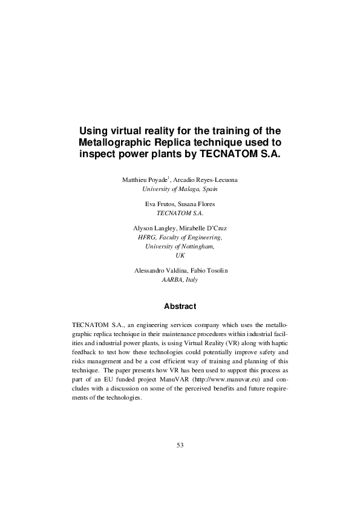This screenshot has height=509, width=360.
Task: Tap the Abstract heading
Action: (x=180, y=306)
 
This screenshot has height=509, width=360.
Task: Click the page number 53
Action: (x=180, y=445)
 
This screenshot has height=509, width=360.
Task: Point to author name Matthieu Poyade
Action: (x=145, y=180)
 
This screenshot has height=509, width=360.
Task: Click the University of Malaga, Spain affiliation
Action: (x=180, y=189)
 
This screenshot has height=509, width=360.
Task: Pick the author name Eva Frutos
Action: (x=159, y=204)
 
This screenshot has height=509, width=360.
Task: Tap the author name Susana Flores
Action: (x=197, y=204)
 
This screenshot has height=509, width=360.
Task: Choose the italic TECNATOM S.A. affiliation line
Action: (x=180, y=213)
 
